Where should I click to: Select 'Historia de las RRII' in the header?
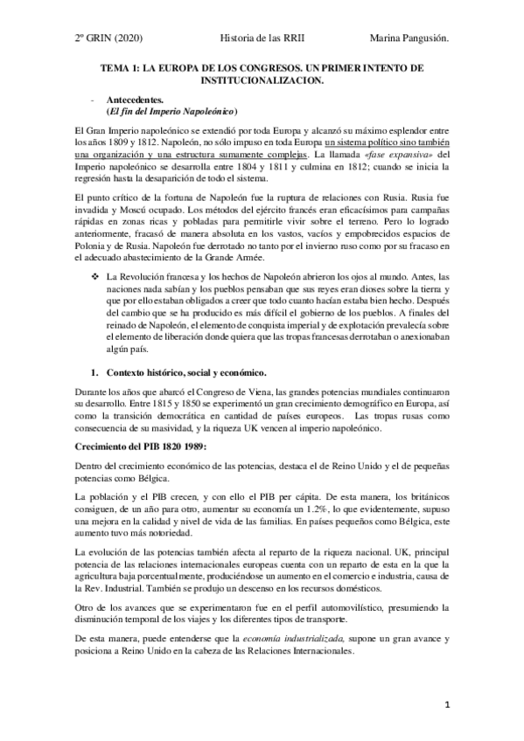coord(261,38)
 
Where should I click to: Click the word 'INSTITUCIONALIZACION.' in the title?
coord(262,80)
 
